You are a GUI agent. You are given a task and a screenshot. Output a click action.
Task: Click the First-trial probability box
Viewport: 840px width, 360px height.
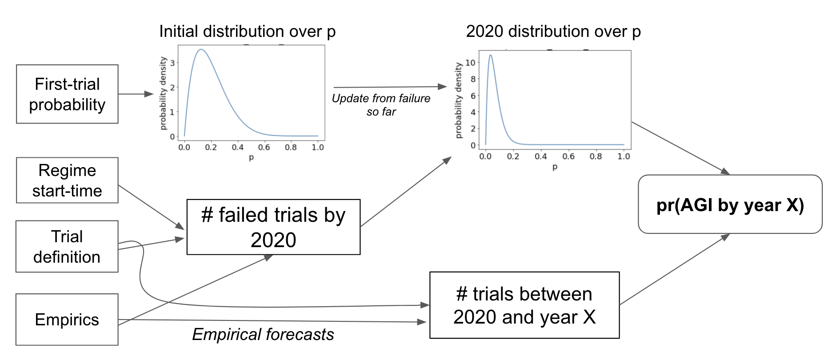click(67, 94)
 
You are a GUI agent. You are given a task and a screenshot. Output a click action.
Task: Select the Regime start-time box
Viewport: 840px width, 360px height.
click(67, 180)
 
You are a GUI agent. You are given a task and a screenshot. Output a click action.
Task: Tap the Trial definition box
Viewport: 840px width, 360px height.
click(67, 247)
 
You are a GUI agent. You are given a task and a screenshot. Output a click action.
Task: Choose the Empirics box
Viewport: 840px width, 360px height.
click(67, 320)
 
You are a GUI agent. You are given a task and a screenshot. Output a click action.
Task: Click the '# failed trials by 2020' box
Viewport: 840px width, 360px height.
click(273, 227)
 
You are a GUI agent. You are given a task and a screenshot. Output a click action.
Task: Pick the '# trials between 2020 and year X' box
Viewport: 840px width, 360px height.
click(524, 305)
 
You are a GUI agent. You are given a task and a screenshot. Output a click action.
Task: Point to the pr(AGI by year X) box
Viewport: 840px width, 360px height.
click(730, 204)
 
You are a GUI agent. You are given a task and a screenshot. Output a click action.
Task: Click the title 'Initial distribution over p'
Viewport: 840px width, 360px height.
click(247, 32)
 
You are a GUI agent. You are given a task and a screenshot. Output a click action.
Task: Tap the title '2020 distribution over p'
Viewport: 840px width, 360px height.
click(553, 32)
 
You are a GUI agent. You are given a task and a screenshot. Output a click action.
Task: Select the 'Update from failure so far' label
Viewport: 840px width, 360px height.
click(381, 105)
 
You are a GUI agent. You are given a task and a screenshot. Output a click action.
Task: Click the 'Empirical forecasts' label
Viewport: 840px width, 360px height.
click(263, 335)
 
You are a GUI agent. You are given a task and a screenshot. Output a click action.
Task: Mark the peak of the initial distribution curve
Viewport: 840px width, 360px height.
click(201, 49)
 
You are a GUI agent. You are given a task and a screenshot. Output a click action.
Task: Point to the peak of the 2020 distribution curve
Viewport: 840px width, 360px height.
click(491, 55)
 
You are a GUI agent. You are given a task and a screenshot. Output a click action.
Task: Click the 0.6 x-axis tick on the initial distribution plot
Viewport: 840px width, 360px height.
click(264, 147)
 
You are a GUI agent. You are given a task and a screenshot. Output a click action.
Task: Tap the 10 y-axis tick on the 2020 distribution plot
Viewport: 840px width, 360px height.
click(470, 63)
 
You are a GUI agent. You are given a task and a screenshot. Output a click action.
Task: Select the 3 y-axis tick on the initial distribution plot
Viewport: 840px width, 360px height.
click(172, 63)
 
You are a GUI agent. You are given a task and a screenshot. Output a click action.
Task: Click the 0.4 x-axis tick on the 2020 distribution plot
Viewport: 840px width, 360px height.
click(541, 156)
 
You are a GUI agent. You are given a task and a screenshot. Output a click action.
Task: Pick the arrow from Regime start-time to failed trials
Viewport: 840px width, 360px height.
click(151, 207)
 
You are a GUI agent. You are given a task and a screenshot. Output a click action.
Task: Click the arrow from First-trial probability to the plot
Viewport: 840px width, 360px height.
click(136, 94)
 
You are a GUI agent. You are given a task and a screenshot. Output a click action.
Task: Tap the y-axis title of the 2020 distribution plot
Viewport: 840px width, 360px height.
click(459, 100)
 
